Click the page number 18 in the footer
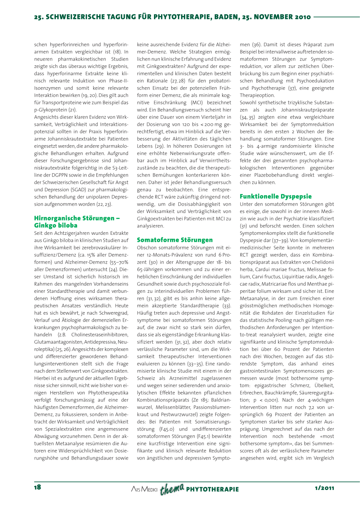tap(38, 487)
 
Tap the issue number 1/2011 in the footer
tap(324, 488)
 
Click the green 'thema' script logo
tap(172, 489)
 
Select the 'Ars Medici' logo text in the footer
tap(144, 489)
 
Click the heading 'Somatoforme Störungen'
tap(175, 240)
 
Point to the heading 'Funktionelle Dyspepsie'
tap(276, 196)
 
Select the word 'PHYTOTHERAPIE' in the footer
tap(212, 489)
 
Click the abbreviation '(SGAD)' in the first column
tap(78, 189)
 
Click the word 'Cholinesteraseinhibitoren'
tap(100, 335)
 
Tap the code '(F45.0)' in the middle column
tap(167, 429)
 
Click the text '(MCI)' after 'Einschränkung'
tap(196, 103)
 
